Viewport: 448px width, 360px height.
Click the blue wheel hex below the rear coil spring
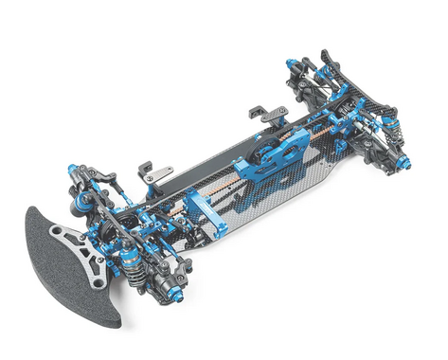pos(404,163)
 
